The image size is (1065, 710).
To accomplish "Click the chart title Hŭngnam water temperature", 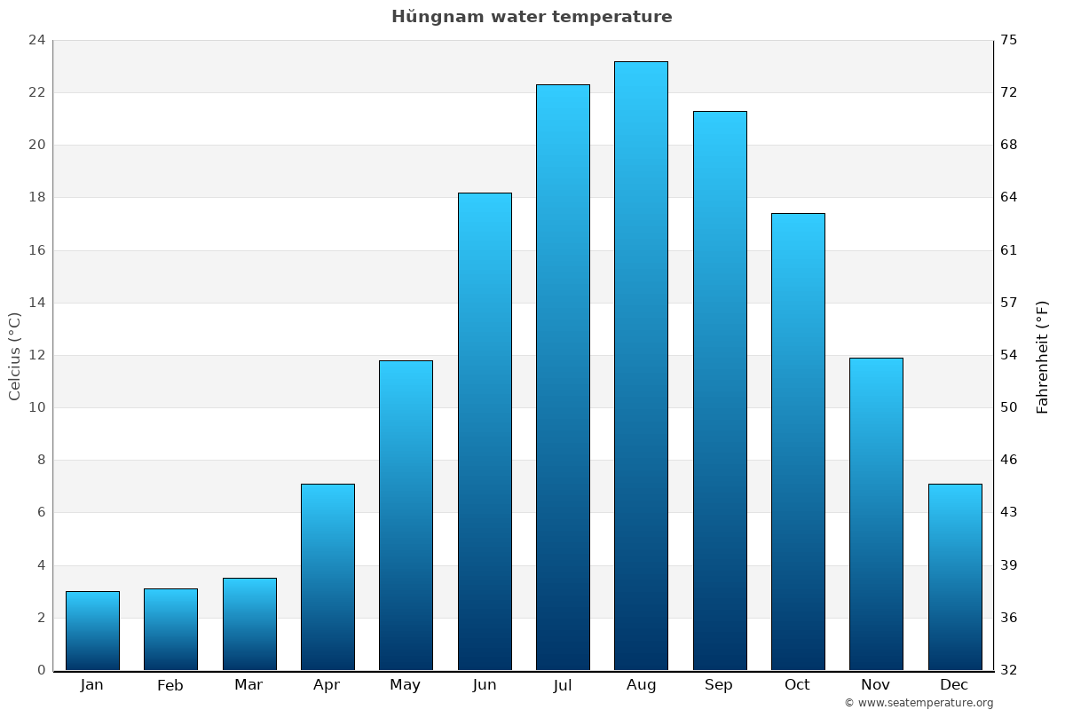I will click(532, 17).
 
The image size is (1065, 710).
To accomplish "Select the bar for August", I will click(641, 366).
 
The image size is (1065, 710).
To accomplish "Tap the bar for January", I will click(92, 630).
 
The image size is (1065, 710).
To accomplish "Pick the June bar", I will click(485, 431).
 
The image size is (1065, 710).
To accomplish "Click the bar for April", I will click(327, 577).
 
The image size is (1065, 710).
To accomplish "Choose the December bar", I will click(955, 577).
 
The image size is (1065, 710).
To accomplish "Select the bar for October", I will click(798, 441).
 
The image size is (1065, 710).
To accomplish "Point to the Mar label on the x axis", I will click(248, 685).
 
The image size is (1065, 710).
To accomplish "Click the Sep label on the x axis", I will click(719, 685).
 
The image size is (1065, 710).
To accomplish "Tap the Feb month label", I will click(170, 685).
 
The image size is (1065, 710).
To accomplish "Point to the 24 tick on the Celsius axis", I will click(36, 40).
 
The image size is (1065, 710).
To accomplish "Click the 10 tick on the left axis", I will click(36, 407).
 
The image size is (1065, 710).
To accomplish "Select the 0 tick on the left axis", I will click(41, 670).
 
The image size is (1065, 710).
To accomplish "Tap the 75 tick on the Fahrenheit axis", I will click(1009, 40).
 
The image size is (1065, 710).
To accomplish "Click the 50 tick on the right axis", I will click(1009, 407).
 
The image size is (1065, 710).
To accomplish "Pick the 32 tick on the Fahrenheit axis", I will click(1009, 670).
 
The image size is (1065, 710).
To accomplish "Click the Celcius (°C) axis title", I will click(14, 355).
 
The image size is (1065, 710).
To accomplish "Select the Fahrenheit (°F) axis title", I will click(1043, 357).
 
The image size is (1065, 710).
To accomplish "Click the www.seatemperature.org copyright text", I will click(919, 703).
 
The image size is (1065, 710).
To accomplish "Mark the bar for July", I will click(563, 377).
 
